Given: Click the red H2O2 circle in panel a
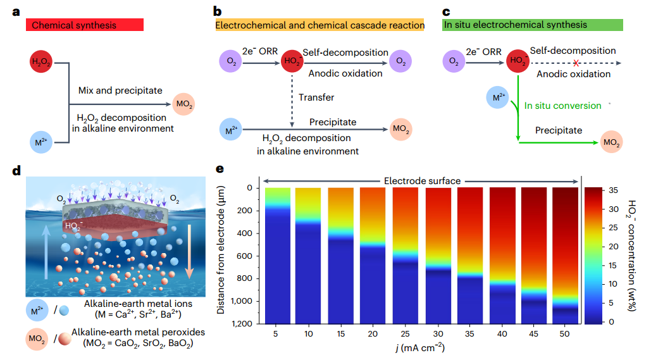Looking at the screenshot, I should tap(41, 63).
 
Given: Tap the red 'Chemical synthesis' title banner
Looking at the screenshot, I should tap(85, 25).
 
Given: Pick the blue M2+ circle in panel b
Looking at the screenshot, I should tap(231, 131).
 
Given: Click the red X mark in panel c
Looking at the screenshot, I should tap(576, 63).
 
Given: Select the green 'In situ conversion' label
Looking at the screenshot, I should tap(562, 106).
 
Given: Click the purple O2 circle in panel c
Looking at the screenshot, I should tap(453, 61).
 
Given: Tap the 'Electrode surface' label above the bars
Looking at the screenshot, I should tap(421, 181).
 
